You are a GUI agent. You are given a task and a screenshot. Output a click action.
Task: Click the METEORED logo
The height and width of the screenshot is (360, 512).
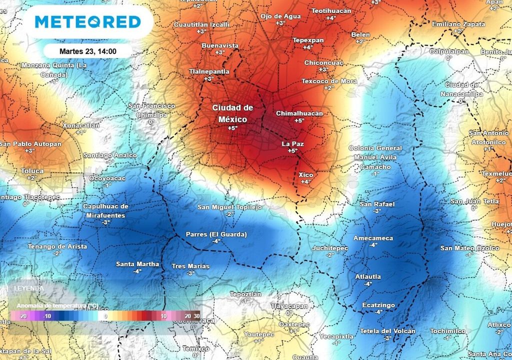point(87,22)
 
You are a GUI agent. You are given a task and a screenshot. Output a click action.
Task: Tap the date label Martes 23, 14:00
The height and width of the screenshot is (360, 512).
point(87,51)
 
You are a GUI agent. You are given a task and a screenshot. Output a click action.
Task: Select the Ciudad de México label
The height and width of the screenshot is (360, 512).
point(232,113)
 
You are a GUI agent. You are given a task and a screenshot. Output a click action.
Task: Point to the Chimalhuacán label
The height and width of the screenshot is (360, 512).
point(299,113)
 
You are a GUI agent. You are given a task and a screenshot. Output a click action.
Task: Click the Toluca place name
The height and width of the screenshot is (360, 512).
point(32,171)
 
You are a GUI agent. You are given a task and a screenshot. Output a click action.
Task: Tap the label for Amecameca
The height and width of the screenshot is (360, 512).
point(373,238)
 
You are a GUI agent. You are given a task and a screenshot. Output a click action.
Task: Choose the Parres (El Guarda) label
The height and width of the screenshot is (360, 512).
point(216,234)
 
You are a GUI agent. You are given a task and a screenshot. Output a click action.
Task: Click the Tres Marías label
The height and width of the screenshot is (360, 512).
point(190,266)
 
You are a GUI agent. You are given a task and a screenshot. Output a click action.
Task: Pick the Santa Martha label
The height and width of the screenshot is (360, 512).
point(137,264)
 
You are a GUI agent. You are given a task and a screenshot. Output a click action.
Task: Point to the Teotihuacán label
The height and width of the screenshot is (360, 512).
point(331,10)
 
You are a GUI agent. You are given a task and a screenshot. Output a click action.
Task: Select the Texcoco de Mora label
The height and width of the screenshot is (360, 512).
point(329,81)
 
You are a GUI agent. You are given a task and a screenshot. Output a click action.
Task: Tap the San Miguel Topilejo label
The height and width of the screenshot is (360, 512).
point(229,207)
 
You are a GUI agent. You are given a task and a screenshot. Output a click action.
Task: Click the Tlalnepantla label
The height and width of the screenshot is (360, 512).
point(209,71)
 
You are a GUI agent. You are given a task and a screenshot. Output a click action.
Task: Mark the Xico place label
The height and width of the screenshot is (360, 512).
point(305,174)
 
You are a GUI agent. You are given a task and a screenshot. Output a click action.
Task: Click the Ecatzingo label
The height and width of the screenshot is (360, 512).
point(378,305)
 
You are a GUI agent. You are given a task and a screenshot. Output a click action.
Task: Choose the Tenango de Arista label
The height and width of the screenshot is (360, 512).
point(57,246)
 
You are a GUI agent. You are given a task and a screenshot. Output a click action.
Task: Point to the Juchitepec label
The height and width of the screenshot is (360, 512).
point(329,248)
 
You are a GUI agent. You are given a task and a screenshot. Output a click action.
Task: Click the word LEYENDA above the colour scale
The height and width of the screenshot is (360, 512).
point(28,288)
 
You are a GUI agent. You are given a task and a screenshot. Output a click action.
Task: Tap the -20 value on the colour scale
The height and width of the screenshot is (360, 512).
point(22,316)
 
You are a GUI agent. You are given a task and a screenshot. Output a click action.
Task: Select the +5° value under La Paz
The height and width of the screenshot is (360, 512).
point(292,150)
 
